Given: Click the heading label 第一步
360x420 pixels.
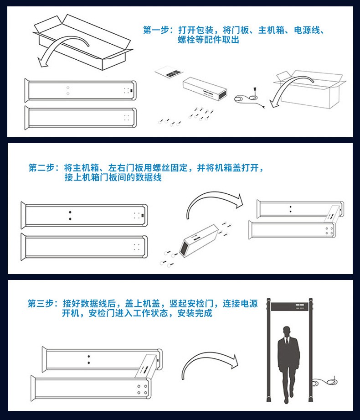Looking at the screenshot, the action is [156, 30].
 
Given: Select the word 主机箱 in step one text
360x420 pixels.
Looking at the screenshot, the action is [271, 30].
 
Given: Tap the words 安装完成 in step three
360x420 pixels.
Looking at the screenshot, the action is [195, 313].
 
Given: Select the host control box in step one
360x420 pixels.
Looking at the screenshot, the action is [205, 88].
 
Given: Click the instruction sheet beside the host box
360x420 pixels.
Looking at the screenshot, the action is [169, 72].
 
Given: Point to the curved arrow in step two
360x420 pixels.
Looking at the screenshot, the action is [214, 193].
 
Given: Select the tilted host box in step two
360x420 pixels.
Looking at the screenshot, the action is [199, 240].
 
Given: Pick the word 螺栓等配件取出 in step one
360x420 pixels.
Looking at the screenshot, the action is [209, 40].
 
